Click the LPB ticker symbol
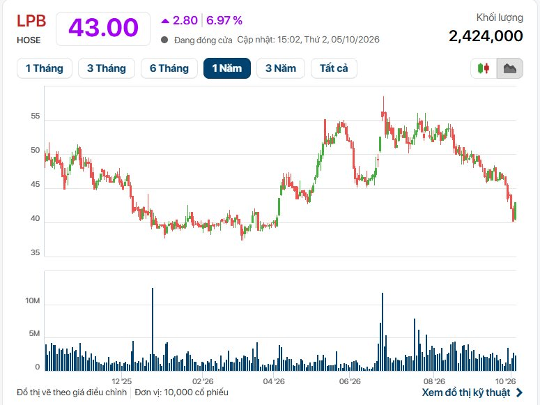[31, 21]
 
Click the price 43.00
[103, 28]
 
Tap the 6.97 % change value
[224, 21]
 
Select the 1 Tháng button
[45, 68]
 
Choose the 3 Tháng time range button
[107, 68]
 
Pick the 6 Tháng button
[169, 68]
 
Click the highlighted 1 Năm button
[227, 68]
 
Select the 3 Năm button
[281, 68]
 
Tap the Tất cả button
[334, 68]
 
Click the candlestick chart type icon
[484, 68]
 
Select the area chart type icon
[510, 68]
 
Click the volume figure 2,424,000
[486, 36]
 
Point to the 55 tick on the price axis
[35, 116]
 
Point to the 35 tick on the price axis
[35, 252]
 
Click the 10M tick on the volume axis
[32, 301]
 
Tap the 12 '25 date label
[121, 381]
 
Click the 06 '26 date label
[350, 381]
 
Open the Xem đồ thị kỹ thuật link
[472, 392]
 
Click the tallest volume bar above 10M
[153, 329]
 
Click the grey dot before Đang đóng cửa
[164, 40]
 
